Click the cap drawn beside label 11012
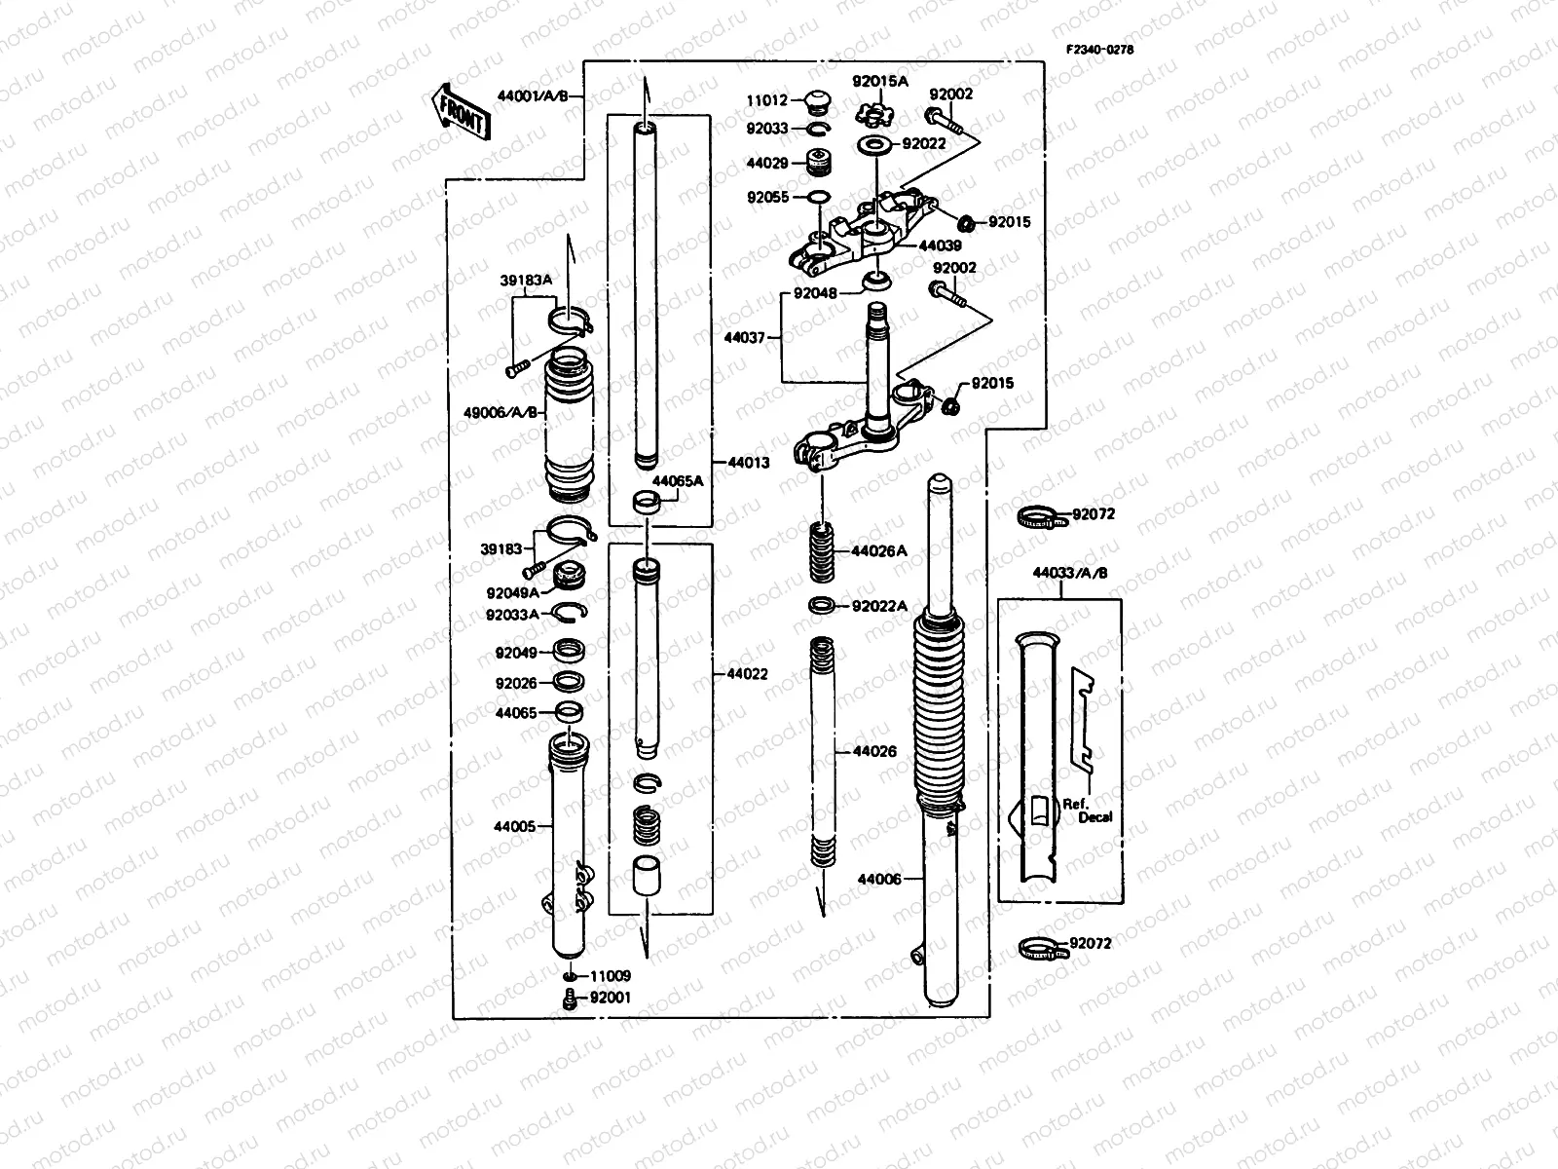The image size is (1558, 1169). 814,100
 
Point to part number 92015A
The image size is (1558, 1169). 879,82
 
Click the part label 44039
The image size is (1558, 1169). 941,246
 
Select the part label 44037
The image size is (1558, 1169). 745,337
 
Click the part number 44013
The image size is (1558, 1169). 747,463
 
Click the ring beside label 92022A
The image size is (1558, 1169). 823,606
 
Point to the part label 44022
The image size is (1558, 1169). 747,673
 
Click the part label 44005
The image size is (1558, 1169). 514,826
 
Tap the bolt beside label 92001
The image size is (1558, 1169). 570,998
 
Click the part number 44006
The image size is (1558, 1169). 877,879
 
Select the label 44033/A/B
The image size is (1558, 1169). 1070,573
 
